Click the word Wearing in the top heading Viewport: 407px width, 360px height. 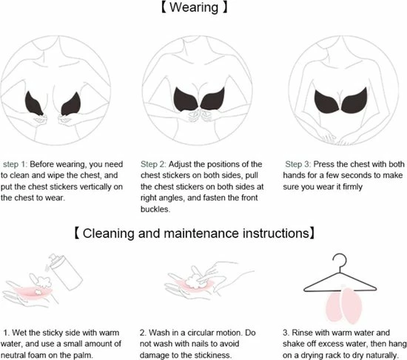coord(194,7)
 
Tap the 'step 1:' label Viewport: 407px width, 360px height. coord(15,164)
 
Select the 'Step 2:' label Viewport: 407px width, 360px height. coord(153,164)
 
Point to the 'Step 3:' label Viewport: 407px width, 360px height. coord(297,164)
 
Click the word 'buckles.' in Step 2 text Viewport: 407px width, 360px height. coord(155,209)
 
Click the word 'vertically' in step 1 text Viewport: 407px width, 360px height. coord(95,187)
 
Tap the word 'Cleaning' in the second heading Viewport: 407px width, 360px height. coord(109,233)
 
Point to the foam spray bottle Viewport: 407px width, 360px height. coord(65,271)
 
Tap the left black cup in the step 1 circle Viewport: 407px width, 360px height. coord(34,103)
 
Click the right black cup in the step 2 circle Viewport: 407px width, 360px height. coord(213,99)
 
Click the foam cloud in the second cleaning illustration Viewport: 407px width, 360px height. coord(194,282)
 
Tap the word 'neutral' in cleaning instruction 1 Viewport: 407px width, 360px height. coord(13,355)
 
